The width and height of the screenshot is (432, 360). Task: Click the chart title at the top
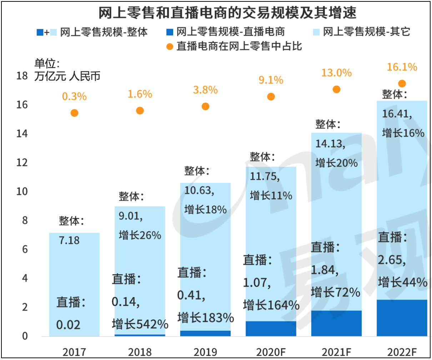227,13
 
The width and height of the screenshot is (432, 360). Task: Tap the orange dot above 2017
74,113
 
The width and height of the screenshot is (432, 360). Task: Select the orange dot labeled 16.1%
402,84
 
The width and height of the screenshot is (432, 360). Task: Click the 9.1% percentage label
271,80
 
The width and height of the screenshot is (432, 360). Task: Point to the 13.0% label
336,73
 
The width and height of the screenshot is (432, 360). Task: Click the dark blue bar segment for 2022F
402,318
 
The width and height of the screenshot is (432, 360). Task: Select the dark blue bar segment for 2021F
336,323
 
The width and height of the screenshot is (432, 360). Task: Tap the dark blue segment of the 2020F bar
271,329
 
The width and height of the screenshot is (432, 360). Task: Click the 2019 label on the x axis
205,352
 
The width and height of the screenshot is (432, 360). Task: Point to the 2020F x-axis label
271,352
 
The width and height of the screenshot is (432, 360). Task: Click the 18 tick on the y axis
22,76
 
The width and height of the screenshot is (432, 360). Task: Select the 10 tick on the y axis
22,191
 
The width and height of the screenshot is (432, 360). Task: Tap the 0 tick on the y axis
25,336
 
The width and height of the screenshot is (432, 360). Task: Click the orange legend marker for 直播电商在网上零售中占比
170,47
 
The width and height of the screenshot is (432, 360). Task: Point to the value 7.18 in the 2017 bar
69,240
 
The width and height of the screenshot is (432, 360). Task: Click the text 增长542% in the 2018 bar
140,324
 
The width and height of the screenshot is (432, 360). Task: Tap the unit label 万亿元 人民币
67,76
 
